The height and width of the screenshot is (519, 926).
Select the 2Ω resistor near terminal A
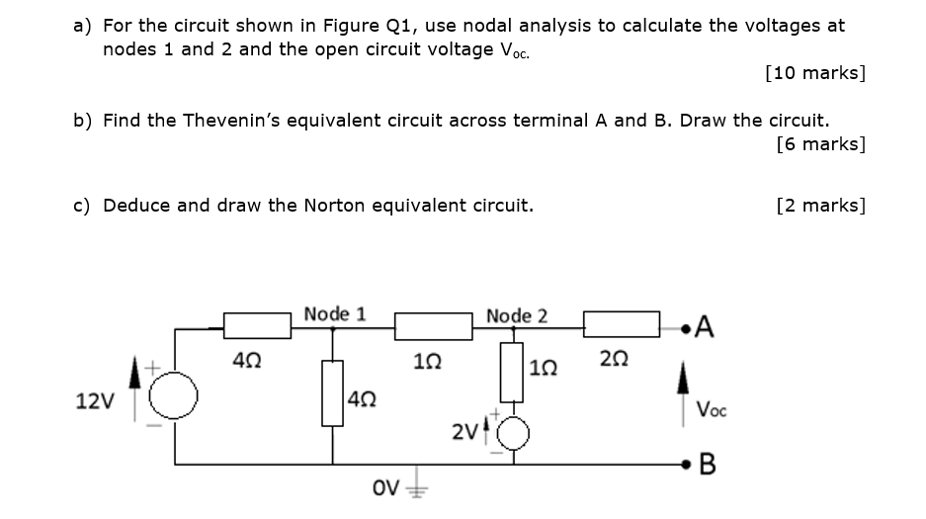pos(622,324)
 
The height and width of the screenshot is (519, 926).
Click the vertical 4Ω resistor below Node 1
pos(332,393)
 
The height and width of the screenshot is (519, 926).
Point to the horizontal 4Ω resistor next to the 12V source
pos(257,325)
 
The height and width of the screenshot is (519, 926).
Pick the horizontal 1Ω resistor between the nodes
pos(434,326)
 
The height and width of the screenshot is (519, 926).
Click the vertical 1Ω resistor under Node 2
pos(512,373)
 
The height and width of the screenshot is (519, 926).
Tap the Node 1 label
pos(335,314)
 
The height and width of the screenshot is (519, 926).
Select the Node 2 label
pos(517,316)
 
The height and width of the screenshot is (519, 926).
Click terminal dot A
pos(685,327)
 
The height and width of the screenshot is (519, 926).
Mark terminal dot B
pos(685,465)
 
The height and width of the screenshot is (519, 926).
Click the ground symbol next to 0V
pos(417,483)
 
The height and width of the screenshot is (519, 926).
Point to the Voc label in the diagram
pos(711,409)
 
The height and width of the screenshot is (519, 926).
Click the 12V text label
pos(95,401)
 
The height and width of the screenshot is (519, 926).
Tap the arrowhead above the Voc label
pos(683,378)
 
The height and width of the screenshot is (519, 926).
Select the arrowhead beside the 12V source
pos(135,372)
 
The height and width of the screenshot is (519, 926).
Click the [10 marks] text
pos(815,72)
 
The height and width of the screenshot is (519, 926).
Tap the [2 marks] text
pos(821,206)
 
